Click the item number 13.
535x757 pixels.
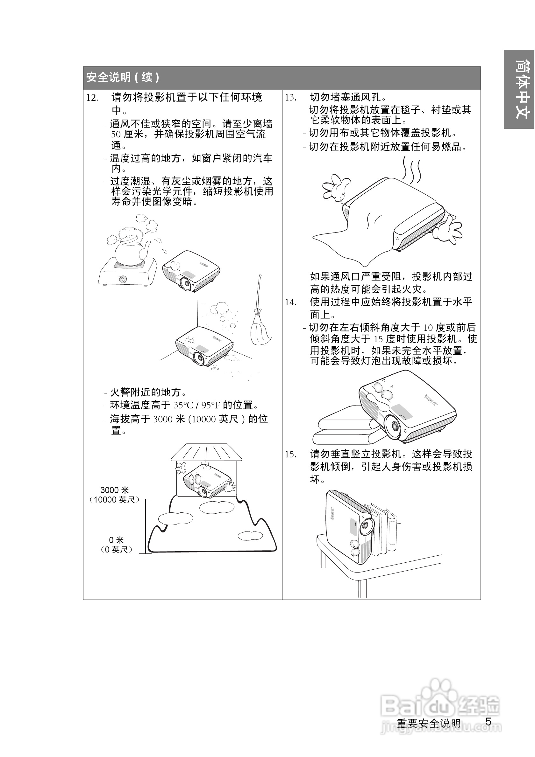[x=291, y=98]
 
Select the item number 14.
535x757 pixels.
[x=291, y=302]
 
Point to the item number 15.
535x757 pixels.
[x=291, y=455]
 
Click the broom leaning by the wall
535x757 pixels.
[x=259, y=316]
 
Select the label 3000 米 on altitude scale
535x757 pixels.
[x=114, y=490]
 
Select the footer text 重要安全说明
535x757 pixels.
[x=428, y=723]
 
